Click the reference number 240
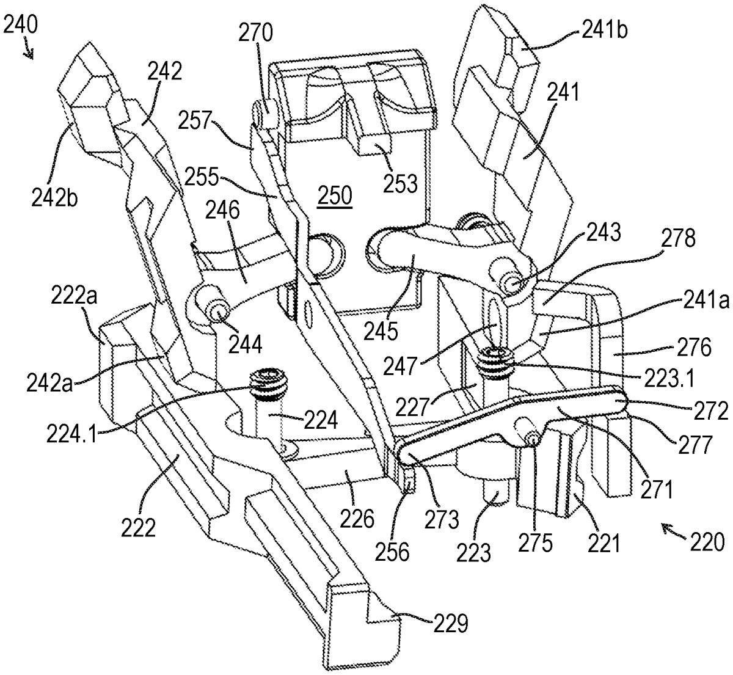20,25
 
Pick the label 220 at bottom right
707,541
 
